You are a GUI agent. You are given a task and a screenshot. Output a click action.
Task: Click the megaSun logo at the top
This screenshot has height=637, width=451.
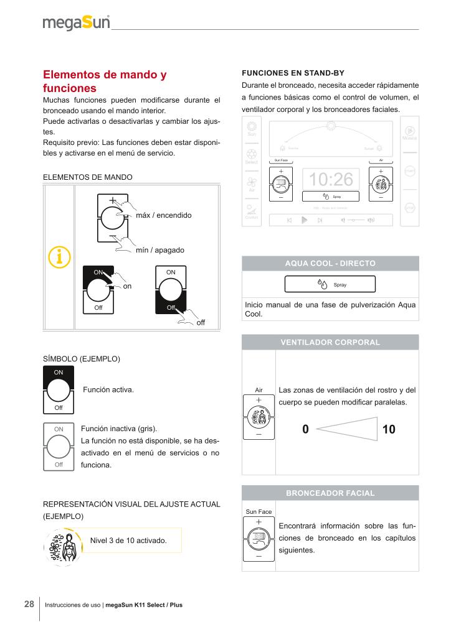click(76, 24)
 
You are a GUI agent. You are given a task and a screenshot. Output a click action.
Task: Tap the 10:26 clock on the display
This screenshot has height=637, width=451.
click(331, 180)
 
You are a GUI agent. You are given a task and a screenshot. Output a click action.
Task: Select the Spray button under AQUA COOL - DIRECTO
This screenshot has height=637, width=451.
click(330, 284)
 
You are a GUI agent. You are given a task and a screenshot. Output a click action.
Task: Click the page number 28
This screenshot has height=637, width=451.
click(29, 604)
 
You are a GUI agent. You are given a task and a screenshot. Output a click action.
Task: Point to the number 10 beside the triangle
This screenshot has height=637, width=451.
click(389, 429)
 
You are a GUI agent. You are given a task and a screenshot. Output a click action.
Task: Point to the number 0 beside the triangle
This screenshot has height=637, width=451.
click(305, 429)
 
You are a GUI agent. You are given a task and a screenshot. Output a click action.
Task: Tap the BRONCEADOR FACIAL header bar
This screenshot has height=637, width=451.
click(330, 493)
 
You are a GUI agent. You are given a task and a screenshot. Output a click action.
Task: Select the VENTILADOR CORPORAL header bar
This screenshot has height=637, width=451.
click(330, 342)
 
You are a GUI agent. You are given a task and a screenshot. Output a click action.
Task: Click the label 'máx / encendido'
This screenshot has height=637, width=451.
click(163, 215)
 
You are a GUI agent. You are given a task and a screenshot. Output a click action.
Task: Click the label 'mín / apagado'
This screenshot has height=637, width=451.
click(160, 250)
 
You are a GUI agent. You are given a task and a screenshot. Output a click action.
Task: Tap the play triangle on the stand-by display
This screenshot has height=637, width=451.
click(304, 220)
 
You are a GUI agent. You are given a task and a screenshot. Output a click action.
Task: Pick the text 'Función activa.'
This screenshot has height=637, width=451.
click(109, 389)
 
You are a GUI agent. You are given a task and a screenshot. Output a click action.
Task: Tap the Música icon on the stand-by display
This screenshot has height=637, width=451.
click(409, 133)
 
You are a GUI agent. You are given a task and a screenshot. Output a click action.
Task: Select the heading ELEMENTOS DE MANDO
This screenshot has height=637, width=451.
click(87, 177)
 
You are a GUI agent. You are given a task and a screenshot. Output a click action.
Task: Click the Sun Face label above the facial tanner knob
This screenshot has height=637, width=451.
click(259, 511)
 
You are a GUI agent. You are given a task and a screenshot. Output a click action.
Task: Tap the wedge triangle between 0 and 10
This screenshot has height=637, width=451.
click(346, 429)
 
